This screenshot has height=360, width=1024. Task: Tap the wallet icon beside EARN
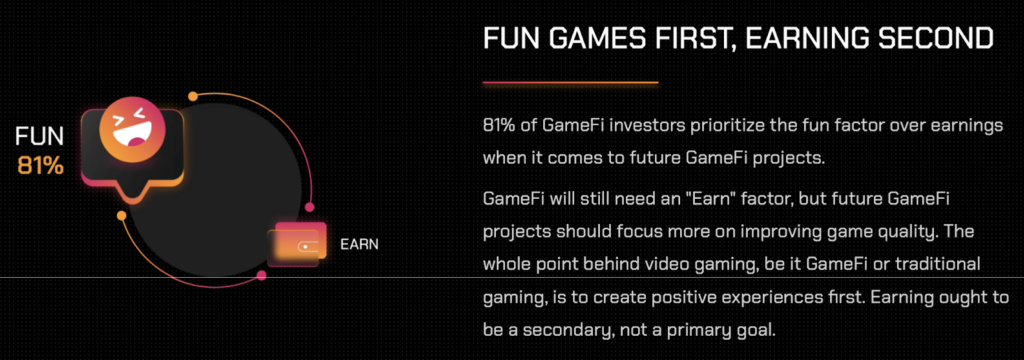297,244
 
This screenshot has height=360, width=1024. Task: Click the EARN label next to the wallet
359,244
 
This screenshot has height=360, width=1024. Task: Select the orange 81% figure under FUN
41,165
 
